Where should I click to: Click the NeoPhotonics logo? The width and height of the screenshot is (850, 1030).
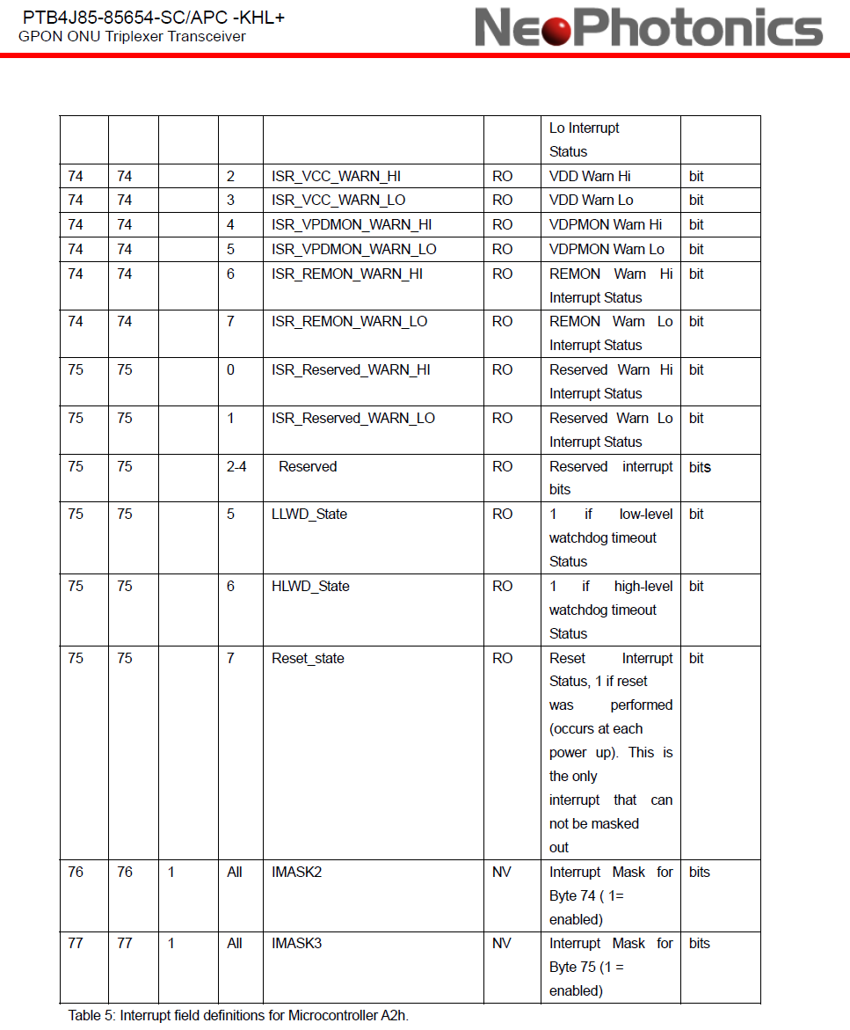[649, 27]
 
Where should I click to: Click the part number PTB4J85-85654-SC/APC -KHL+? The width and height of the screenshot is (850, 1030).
[154, 17]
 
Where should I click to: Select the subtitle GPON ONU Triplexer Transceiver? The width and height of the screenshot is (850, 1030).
[132, 36]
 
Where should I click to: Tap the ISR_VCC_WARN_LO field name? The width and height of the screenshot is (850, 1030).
[338, 200]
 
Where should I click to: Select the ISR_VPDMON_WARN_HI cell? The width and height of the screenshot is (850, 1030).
[352, 224]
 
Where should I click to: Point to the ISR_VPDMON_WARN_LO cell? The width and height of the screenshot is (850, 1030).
[353, 249]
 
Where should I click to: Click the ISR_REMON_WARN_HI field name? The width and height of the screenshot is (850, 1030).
[346, 274]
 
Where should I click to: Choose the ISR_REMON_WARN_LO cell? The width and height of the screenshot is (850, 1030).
[349, 321]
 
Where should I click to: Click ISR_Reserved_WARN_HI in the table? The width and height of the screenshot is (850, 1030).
[351, 369]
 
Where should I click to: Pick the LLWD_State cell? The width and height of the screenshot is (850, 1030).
[309, 514]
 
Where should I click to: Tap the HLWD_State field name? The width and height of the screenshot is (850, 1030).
[310, 586]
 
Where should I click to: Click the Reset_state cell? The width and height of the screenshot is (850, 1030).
[308, 658]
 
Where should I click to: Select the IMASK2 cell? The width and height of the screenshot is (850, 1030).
[296, 872]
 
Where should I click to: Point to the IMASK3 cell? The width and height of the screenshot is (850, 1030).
[296, 943]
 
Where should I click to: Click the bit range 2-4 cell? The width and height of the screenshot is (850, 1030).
[236, 466]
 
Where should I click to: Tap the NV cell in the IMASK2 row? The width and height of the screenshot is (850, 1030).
[501, 872]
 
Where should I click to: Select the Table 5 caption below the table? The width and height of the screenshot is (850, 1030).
[238, 1015]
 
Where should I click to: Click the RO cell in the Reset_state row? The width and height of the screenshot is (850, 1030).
[502, 658]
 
